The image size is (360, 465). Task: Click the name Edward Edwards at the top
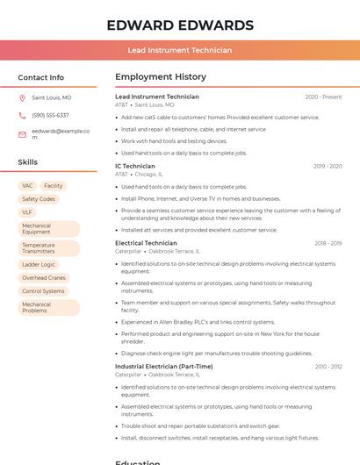(x=180, y=25)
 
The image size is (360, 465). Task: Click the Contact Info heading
(x=41, y=77)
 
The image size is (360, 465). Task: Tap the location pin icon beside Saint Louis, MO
(x=22, y=97)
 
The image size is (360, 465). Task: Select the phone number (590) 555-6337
(x=50, y=115)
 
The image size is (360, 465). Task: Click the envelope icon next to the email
(x=22, y=134)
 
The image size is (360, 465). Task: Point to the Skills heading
(x=28, y=162)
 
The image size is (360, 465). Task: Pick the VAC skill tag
(x=27, y=186)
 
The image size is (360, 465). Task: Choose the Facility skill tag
(x=54, y=186)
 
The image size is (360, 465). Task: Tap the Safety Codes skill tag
(x=39, y=199)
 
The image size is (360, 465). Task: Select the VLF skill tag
(x=27, y=212)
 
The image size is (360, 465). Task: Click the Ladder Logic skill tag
(x=39, y=264)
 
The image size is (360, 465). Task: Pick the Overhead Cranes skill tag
(x=44, y=277)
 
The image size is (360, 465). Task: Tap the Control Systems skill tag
(x=43, y=290)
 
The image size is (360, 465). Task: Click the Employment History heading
(x=161, y=77)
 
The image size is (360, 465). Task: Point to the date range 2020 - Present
(x=323, y=97)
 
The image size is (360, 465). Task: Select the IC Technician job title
(x=135, y=166)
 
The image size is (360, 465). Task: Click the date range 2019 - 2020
(x=327, y=167)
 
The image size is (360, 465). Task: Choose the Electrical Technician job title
(x=146, y=243)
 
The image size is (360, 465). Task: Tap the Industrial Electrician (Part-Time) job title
(x=163, y=366)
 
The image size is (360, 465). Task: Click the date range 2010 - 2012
(x=328, y=367)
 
